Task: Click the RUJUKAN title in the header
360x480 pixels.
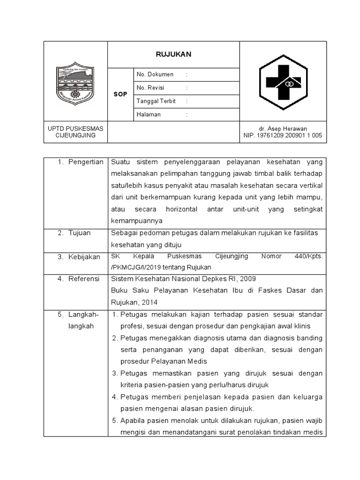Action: point(173,54)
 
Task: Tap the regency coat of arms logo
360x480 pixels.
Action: point(75,85)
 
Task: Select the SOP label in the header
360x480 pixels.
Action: point(120,94)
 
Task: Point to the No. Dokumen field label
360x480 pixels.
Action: point(155,75)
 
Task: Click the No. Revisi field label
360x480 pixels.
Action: point(153,88)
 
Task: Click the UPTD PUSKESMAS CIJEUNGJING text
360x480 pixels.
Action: point(75,132)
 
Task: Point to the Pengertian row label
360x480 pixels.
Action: point(85,162)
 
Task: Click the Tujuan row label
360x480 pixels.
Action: point(80,232)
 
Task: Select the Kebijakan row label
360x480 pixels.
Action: point(83,257)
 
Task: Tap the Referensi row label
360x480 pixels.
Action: point(84,278)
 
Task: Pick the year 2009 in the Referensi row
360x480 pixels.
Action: point(247,278)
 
